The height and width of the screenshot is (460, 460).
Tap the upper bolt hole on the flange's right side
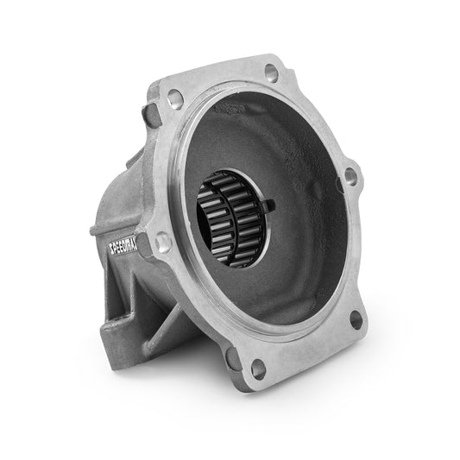click(x=350, y=177)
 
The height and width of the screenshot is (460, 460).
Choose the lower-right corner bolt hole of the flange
click(x=355, y=321)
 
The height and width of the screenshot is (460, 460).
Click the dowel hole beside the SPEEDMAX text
click(x=163, y=244)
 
